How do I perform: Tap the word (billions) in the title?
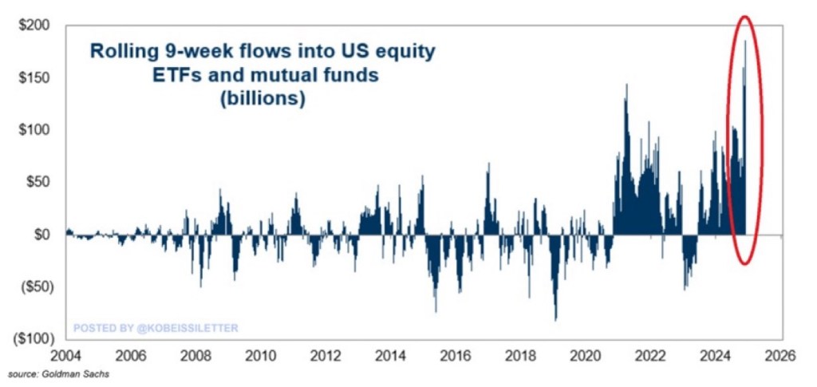263,100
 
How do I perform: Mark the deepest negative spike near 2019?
555,318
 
